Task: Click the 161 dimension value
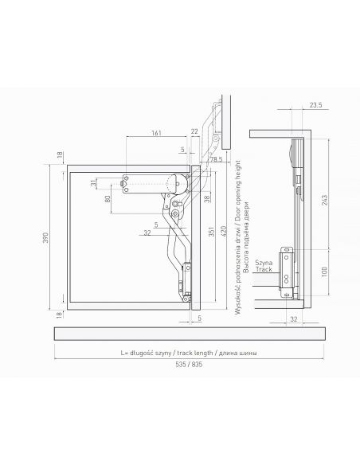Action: tap(157, 132)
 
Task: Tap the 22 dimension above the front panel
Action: tap(194, 131)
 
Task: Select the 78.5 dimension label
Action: tap(216, 159)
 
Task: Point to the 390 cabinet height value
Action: tap(45, 237)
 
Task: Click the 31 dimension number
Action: tap(94, 183)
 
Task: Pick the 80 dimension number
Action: tap(108, 198)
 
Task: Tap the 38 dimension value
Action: tap(208, 198)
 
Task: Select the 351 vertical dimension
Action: tap(211, 232)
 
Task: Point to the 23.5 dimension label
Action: tap(316, 105)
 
